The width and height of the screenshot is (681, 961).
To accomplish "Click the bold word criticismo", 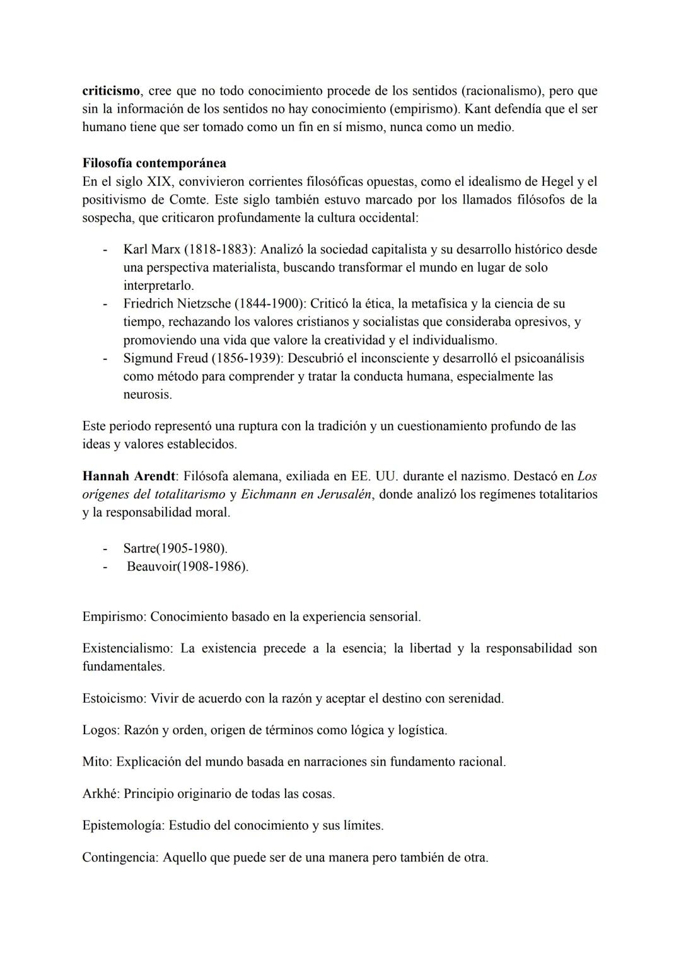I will point(111,91).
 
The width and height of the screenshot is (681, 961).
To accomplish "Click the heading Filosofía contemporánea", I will point(154,163).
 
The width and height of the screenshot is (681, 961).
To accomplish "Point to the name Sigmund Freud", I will point(165,359).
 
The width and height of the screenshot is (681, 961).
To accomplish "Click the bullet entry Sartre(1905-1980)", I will point(175,548).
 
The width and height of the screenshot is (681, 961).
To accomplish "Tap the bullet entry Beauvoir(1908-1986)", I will point(187,567).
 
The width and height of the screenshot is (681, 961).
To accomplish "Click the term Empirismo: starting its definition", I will point(114,617).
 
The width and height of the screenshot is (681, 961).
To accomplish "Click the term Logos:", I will point(101,730).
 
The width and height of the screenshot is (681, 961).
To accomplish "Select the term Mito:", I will point(97,762).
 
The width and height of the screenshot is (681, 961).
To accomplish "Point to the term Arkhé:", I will point(101,793).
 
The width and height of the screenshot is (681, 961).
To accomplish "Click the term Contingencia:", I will point(120,858).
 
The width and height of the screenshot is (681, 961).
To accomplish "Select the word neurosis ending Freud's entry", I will point(146,395).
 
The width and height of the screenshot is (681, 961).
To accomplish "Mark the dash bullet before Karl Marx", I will point(105,249).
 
